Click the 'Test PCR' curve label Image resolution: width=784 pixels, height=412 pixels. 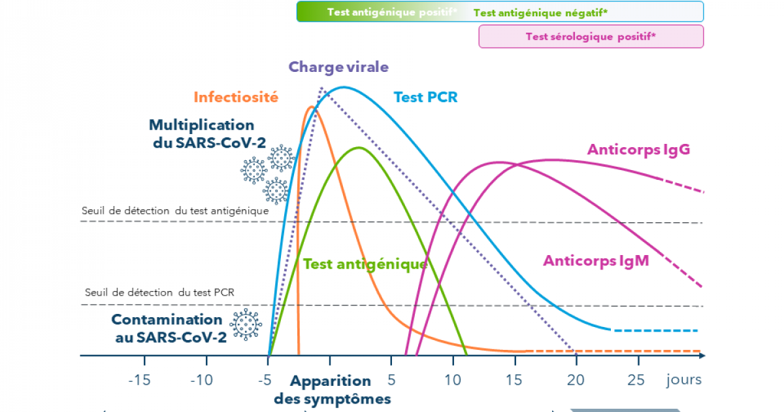pos(425,97)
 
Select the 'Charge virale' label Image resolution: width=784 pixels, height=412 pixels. pos(338,67)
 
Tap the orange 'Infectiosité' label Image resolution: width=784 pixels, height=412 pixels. pos(236,97)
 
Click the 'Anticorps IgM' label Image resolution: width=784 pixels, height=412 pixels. pos(596,261)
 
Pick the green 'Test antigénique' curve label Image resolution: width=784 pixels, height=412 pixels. pos(365,264)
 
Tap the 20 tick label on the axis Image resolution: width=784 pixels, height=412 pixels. pos(576,379)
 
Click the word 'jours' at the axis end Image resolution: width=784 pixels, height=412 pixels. pos(684,379)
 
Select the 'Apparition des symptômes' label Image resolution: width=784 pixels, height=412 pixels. pos(332,390)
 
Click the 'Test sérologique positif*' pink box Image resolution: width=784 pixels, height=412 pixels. pos(591,37)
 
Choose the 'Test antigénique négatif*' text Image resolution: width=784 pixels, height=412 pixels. pos(540,12)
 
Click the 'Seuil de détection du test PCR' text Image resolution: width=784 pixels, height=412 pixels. pos(159,292)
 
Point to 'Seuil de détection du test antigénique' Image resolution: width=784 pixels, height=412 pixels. pos(175,211)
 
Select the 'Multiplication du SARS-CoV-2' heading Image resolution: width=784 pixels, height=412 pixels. pos(201,133)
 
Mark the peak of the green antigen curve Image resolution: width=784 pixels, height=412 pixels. pos(359,147)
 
